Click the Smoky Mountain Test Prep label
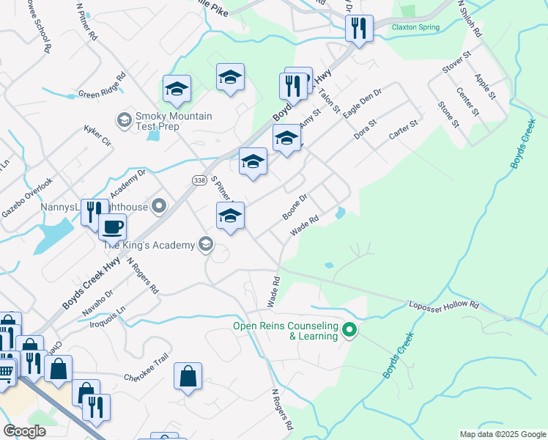(x=174, y=121)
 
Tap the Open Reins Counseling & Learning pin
(x=349, y=331)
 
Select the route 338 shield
(x=199, y=180)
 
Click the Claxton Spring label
(x=415, y=27)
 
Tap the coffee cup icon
(x=112, y=227)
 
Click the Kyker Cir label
(x=97, y=134)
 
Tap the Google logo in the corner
(x=24, y=430)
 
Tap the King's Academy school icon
(x=206, y=244)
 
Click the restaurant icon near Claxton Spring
(x=359, y=29)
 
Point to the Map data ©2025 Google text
(x=503, y=434)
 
